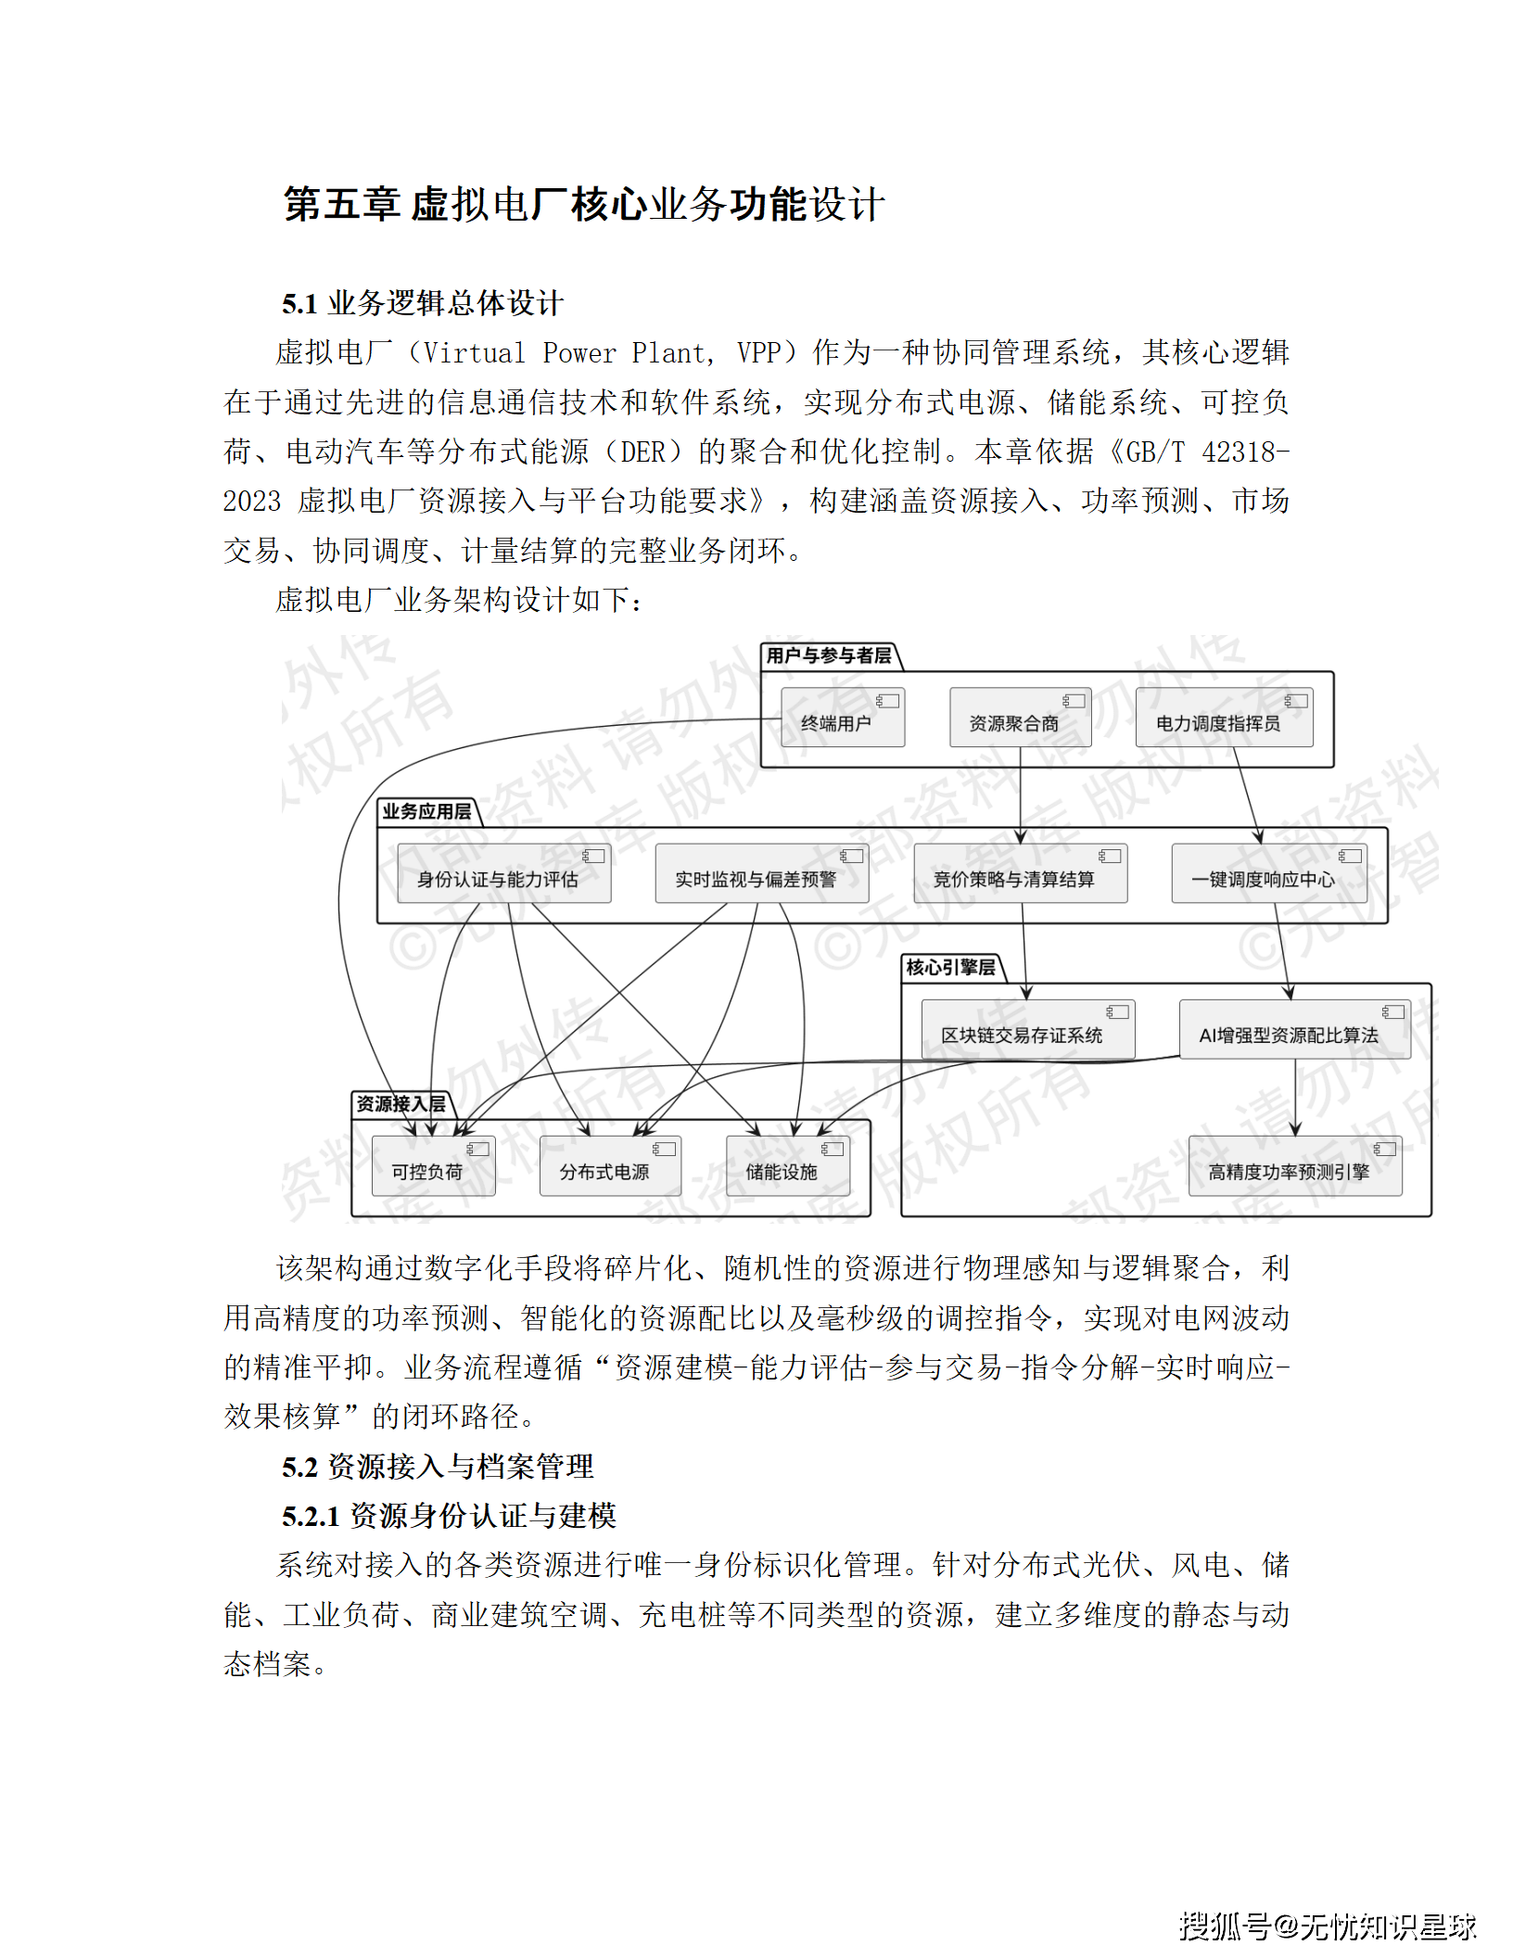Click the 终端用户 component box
[x=842, y=718]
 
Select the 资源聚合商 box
[x=1020, y=718]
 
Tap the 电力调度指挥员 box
[x=1224, y=718]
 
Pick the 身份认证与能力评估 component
[x=503, y=873]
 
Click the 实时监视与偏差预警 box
[x=761, y=873]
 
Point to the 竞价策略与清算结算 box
[x=1020, y=873]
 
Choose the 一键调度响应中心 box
[x=1268, y=873]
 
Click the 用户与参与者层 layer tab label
[x=829, y=656]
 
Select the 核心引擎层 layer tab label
[x=951, y=968]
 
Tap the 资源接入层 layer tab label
[x=400, y=1104]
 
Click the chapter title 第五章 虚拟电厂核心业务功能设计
[x=584, y=204]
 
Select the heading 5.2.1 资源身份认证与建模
[x=450, y=1516]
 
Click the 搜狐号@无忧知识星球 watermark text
[x=1327, y=1926]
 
